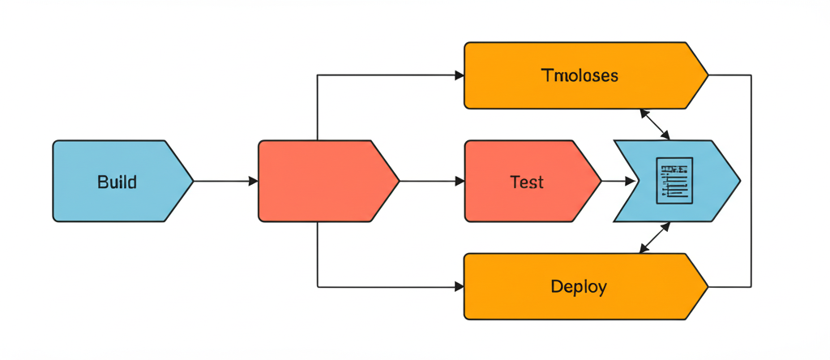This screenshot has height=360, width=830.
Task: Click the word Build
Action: tap(117, 182)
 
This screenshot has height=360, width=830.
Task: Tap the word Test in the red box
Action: tap(527, 182)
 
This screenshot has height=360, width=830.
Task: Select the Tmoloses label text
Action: tap(580, 75)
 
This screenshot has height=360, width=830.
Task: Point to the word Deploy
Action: tap(579, 287)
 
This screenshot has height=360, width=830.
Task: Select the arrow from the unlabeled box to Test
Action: tap(431, 182)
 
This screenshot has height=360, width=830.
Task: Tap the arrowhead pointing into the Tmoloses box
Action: tap(459, 75)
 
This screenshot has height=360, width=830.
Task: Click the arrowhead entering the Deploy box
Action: tap(459, 287)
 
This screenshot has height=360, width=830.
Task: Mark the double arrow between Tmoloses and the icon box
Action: tap(654, 124)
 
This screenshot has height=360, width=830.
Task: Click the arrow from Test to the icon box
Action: tap(618, 182)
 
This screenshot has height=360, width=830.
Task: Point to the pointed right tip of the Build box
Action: tap(193, 182)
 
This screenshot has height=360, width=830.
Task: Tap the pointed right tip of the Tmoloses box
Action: tap(708, 75)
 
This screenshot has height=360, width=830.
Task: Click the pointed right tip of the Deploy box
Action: tap(708, 287)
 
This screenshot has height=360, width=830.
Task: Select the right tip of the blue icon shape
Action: tap(739, 182)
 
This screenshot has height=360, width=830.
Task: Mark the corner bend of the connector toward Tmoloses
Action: tap(317, 75)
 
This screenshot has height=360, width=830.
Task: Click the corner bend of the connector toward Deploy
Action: tap(317, 287)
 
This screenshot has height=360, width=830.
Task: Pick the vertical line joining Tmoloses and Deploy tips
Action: tap(751, 182)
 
